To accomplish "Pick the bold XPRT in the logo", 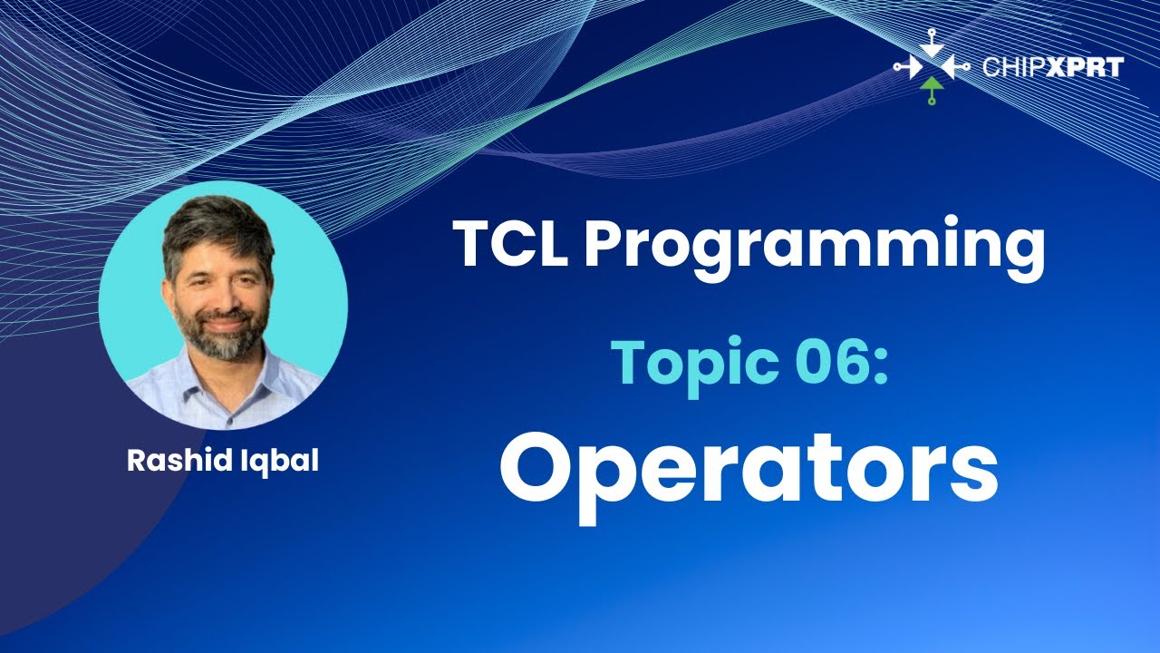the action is coord(1085,67).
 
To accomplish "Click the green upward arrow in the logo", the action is coord(932,89).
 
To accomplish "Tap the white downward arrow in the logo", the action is coord(932,44).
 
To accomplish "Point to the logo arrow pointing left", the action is coord(955,67).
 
